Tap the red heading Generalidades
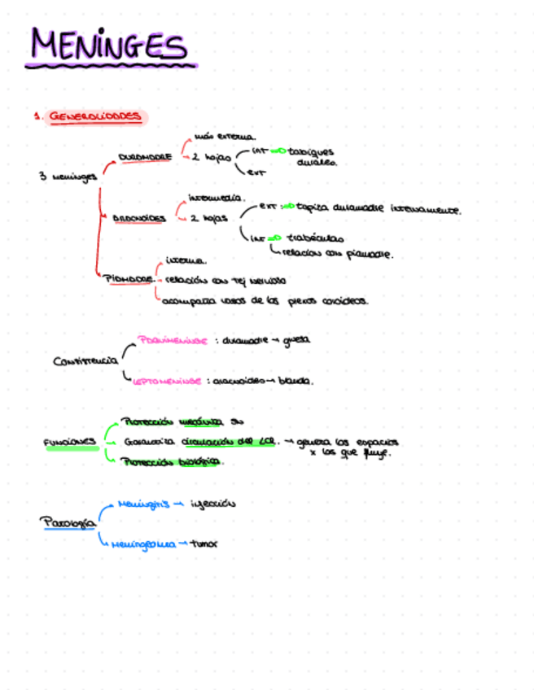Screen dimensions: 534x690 (94, 116)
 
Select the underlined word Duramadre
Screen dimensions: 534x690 (144, 157)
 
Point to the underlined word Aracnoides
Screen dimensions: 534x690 (139, 218)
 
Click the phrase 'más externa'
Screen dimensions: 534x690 (225, 137)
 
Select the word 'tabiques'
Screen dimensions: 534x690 (311, 151)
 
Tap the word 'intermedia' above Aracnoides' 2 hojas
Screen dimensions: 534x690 (216, 198)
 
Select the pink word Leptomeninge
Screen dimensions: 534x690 (169, 380)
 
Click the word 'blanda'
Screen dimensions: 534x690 (296, 380)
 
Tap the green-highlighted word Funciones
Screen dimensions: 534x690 (71, 443)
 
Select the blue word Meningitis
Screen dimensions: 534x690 (142, 504)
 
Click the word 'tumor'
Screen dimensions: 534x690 (204, 543)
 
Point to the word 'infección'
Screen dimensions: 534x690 (212, 504)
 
